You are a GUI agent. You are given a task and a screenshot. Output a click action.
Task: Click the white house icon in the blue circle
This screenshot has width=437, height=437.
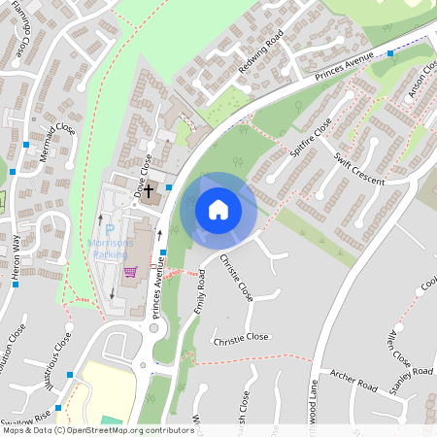tap(218, 209)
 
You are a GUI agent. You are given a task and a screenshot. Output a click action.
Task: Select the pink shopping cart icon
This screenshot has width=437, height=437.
tap(130, 271)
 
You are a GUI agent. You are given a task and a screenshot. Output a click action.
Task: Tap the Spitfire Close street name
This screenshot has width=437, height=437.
tap(310, 138)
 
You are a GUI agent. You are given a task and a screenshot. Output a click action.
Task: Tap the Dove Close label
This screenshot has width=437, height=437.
tap(142, 171)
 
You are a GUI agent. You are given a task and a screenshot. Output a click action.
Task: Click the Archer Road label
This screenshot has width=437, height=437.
tap(353, 386)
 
